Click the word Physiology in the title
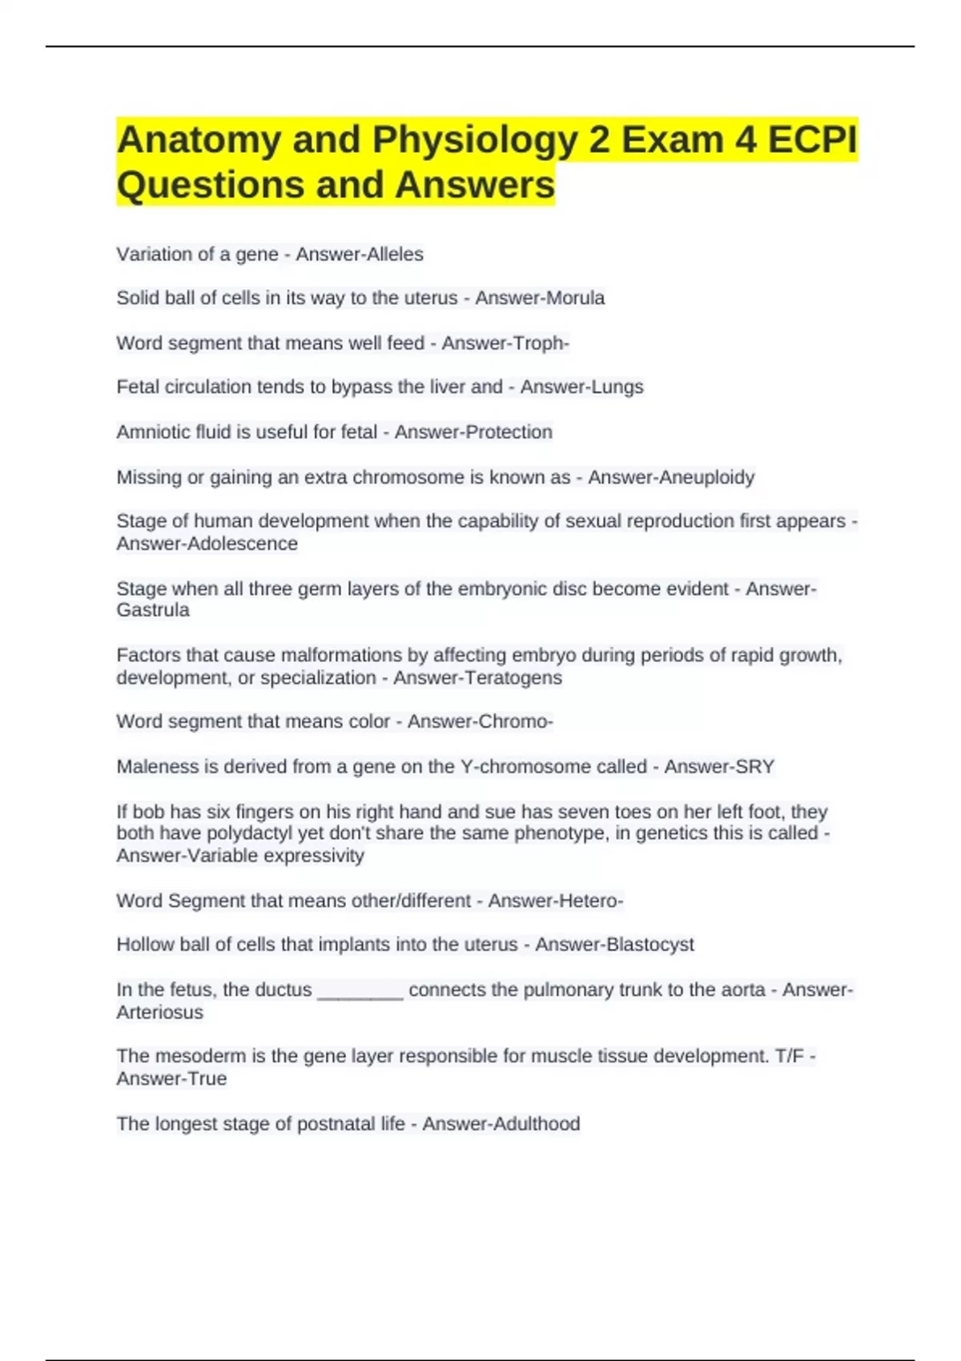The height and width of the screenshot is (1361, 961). point(475,141)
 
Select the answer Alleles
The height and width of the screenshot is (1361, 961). point(392,255)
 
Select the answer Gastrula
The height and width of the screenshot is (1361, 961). point(153,610)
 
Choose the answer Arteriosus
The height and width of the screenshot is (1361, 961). point(159,1013)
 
